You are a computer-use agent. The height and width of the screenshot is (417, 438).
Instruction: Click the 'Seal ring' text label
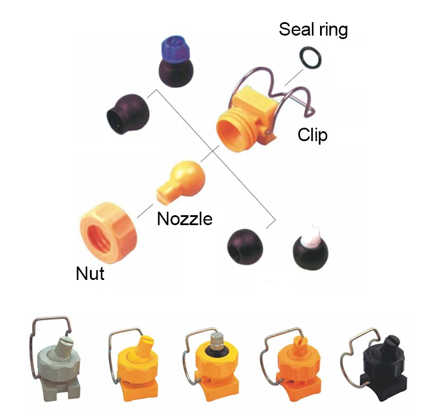[313, 29]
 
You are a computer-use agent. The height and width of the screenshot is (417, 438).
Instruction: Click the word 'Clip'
[312, 135]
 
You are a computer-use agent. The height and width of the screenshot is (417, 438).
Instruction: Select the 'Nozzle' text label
[185, 219]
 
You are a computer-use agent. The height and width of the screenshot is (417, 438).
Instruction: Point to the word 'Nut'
[90, 272]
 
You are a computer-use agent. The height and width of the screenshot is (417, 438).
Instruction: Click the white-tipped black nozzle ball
[310, 247]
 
